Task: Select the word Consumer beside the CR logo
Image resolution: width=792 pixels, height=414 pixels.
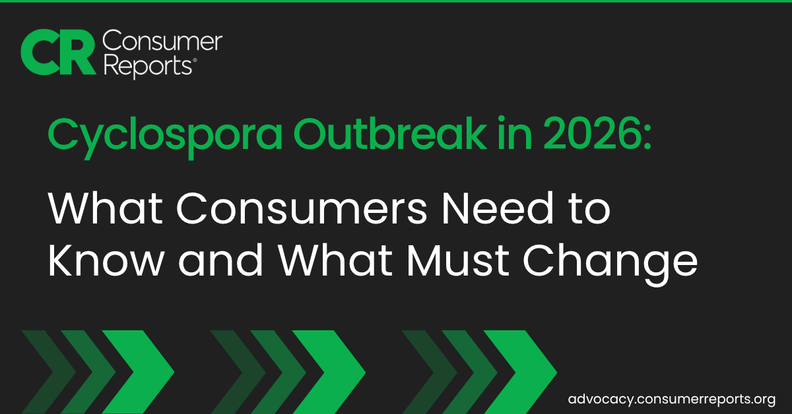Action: (x=162, y=42)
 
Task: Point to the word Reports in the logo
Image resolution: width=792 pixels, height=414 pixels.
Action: (x=148, y=67)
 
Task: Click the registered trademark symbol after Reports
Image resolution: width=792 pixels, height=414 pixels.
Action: (x=195, y=61)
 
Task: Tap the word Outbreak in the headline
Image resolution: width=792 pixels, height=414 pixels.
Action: (x=389, y=134)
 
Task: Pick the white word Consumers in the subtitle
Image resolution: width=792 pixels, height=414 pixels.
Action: (x=302, y=208)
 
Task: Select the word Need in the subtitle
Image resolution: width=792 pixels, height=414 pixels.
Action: (x=498, y=208)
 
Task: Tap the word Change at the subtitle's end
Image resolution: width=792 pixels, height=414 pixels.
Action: (x=610, y=264)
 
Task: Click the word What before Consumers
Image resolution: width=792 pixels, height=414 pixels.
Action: (x=105, y=208)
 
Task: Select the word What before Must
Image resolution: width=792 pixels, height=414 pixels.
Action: (x=335, y=260)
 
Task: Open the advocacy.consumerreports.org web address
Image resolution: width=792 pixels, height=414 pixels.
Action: (x=671, y=399)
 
